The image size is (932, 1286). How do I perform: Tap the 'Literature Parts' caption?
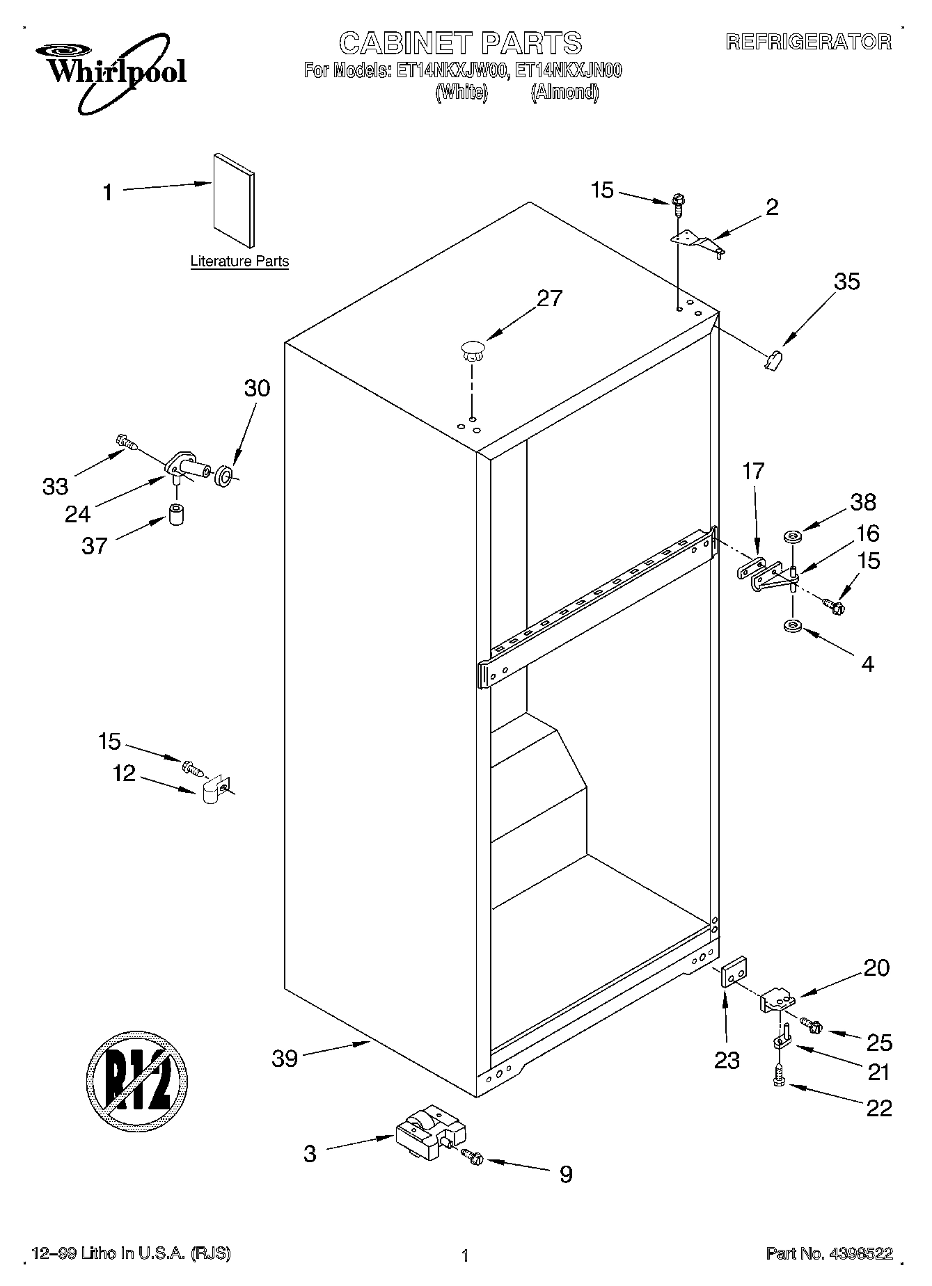tap(239, 262)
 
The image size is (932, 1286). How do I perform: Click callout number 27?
tap(549, 298)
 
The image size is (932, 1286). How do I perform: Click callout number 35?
tap(846, 282)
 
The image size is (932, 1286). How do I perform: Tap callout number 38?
tap(863, 502)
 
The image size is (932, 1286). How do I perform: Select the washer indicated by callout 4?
tap(792, 627)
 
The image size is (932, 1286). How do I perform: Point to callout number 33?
tap(55, 486)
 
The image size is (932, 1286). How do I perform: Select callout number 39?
tap(285, 1059)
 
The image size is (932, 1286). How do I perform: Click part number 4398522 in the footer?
tap(860, 1254)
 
